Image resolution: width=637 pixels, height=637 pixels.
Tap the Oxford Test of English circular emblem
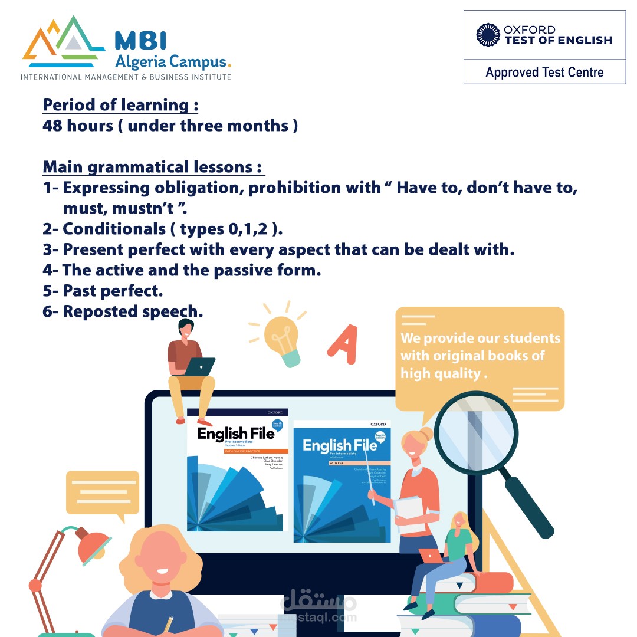(x=488, y=35)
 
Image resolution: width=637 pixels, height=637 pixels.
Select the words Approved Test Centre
(x=544, y=73)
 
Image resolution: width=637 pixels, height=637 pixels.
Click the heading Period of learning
(x=120, y=105)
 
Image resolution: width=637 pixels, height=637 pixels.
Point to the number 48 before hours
(x=53, y=125)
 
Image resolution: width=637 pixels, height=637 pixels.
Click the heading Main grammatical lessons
(x=152, y=167)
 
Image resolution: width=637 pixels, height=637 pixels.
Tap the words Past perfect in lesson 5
(x=113, y=291)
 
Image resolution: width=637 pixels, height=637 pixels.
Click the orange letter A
(x=342, y=340)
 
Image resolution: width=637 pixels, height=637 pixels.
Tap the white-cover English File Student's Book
(x=237, y=469)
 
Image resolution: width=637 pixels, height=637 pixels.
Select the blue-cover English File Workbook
(x=342, y=481)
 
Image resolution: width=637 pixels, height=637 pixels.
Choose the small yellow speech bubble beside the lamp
(x=102, y=493)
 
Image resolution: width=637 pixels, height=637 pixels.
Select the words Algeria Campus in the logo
(x=170, y=61)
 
